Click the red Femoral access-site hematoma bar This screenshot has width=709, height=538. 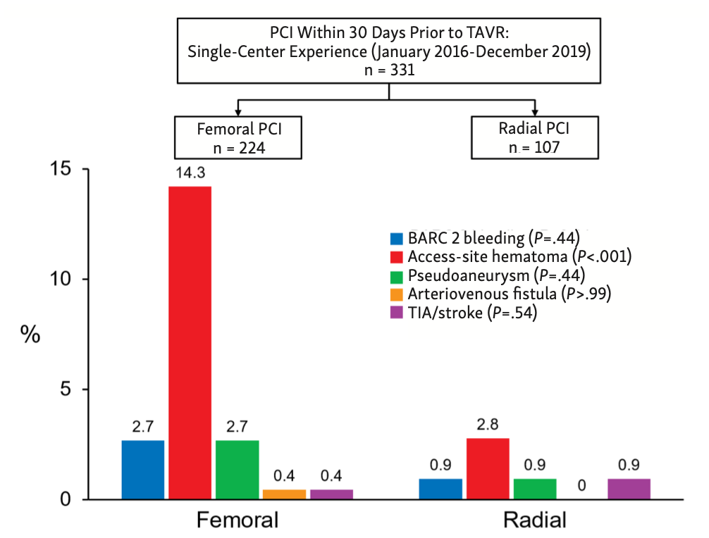(x=190, y=342)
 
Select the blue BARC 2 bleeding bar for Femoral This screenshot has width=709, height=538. (x=142, y=470)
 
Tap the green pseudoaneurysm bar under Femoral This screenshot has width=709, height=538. (x=237, y=470)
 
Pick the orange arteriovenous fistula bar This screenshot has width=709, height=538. (x=284, y=494)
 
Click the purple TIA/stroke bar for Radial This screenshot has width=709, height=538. (x=629, y=489)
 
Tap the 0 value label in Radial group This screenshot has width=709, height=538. (x=581, y=485)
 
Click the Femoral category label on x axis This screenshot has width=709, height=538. (x=237, y=520)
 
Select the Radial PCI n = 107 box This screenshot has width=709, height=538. (x=534, y=137)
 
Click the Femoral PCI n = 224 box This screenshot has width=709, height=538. (x=239, y=137)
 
